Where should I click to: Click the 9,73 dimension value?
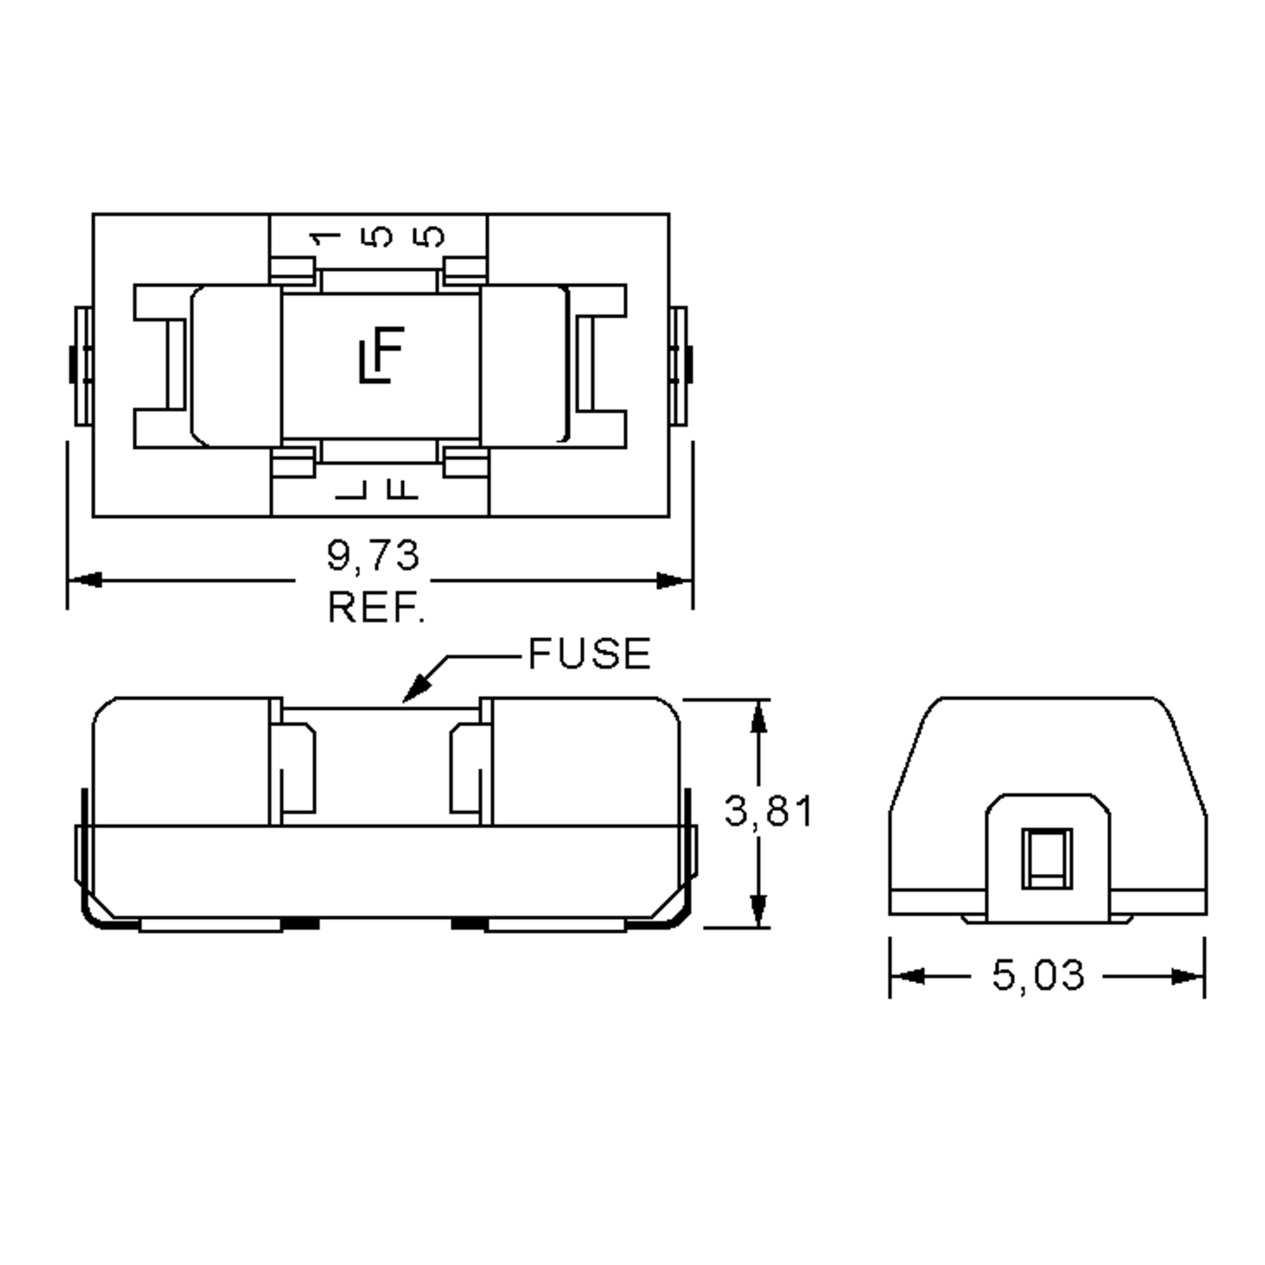click(373, 556)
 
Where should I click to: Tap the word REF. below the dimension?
click(376, 608)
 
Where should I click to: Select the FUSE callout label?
click(589, 654)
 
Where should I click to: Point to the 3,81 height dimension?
click(768, 812)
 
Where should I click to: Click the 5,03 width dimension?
click(1038, 975)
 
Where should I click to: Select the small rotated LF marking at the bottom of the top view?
click(378, 489)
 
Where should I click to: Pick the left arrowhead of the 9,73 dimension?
click(85, 580)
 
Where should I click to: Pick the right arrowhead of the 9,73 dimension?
click(675, 580)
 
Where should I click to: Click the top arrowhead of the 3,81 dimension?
click(758, 717)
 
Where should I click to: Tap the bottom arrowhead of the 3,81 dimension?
click(758, 910)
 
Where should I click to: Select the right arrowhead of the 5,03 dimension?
click(1186, 976)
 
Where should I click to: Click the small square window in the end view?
click(1047, 859)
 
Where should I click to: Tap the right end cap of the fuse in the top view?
click(524, 366)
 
